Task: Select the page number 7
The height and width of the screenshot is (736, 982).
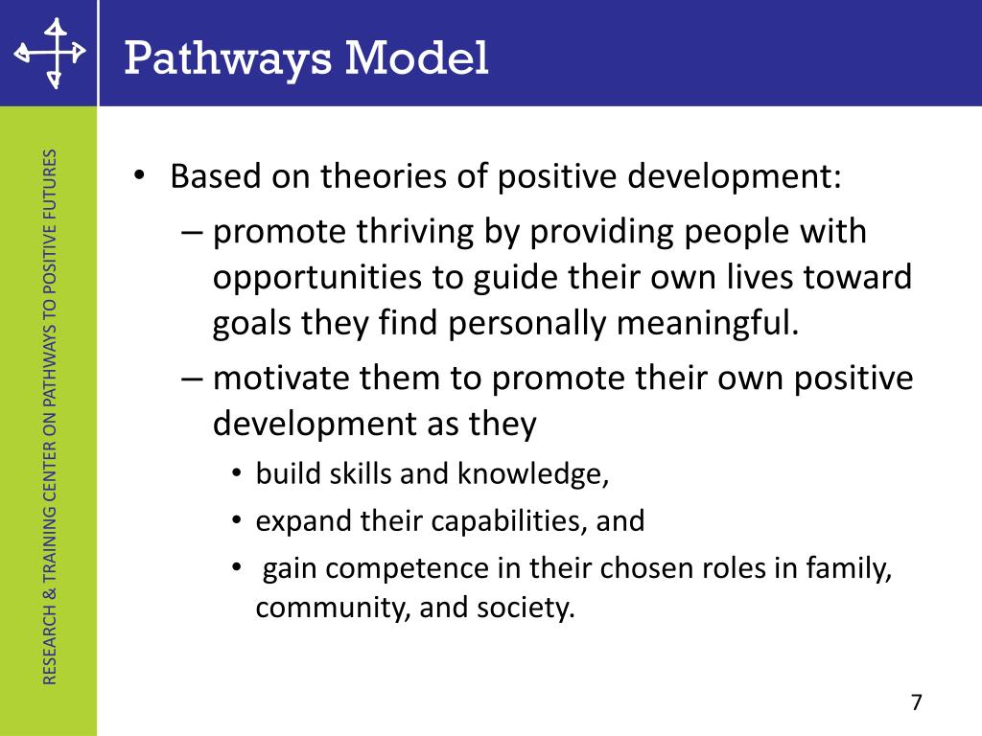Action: (x=916, y=701)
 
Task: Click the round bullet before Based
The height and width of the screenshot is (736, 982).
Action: (x=139, y=177)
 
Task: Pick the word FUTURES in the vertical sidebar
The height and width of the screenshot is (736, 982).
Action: (x=52, y=181)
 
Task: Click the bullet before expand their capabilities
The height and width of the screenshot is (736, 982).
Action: (x=236, y=522)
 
